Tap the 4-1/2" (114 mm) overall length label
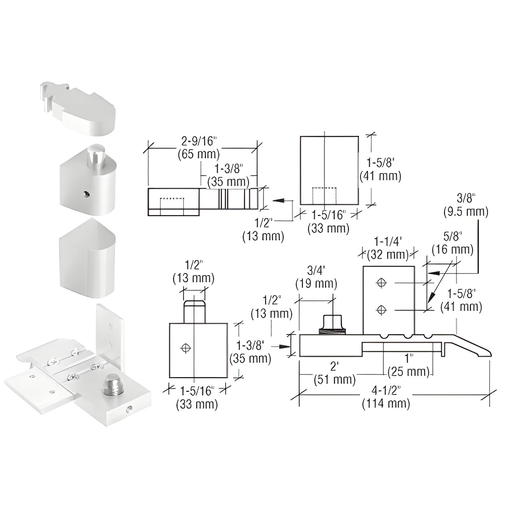coord(386,398)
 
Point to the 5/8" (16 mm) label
coord(452,244)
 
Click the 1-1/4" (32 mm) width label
coord(388,247)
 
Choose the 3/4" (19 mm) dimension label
coord(316,277)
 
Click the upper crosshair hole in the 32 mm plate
coord(381,282)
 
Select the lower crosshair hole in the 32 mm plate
coord(381,310)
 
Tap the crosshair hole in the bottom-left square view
coord(186,348)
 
